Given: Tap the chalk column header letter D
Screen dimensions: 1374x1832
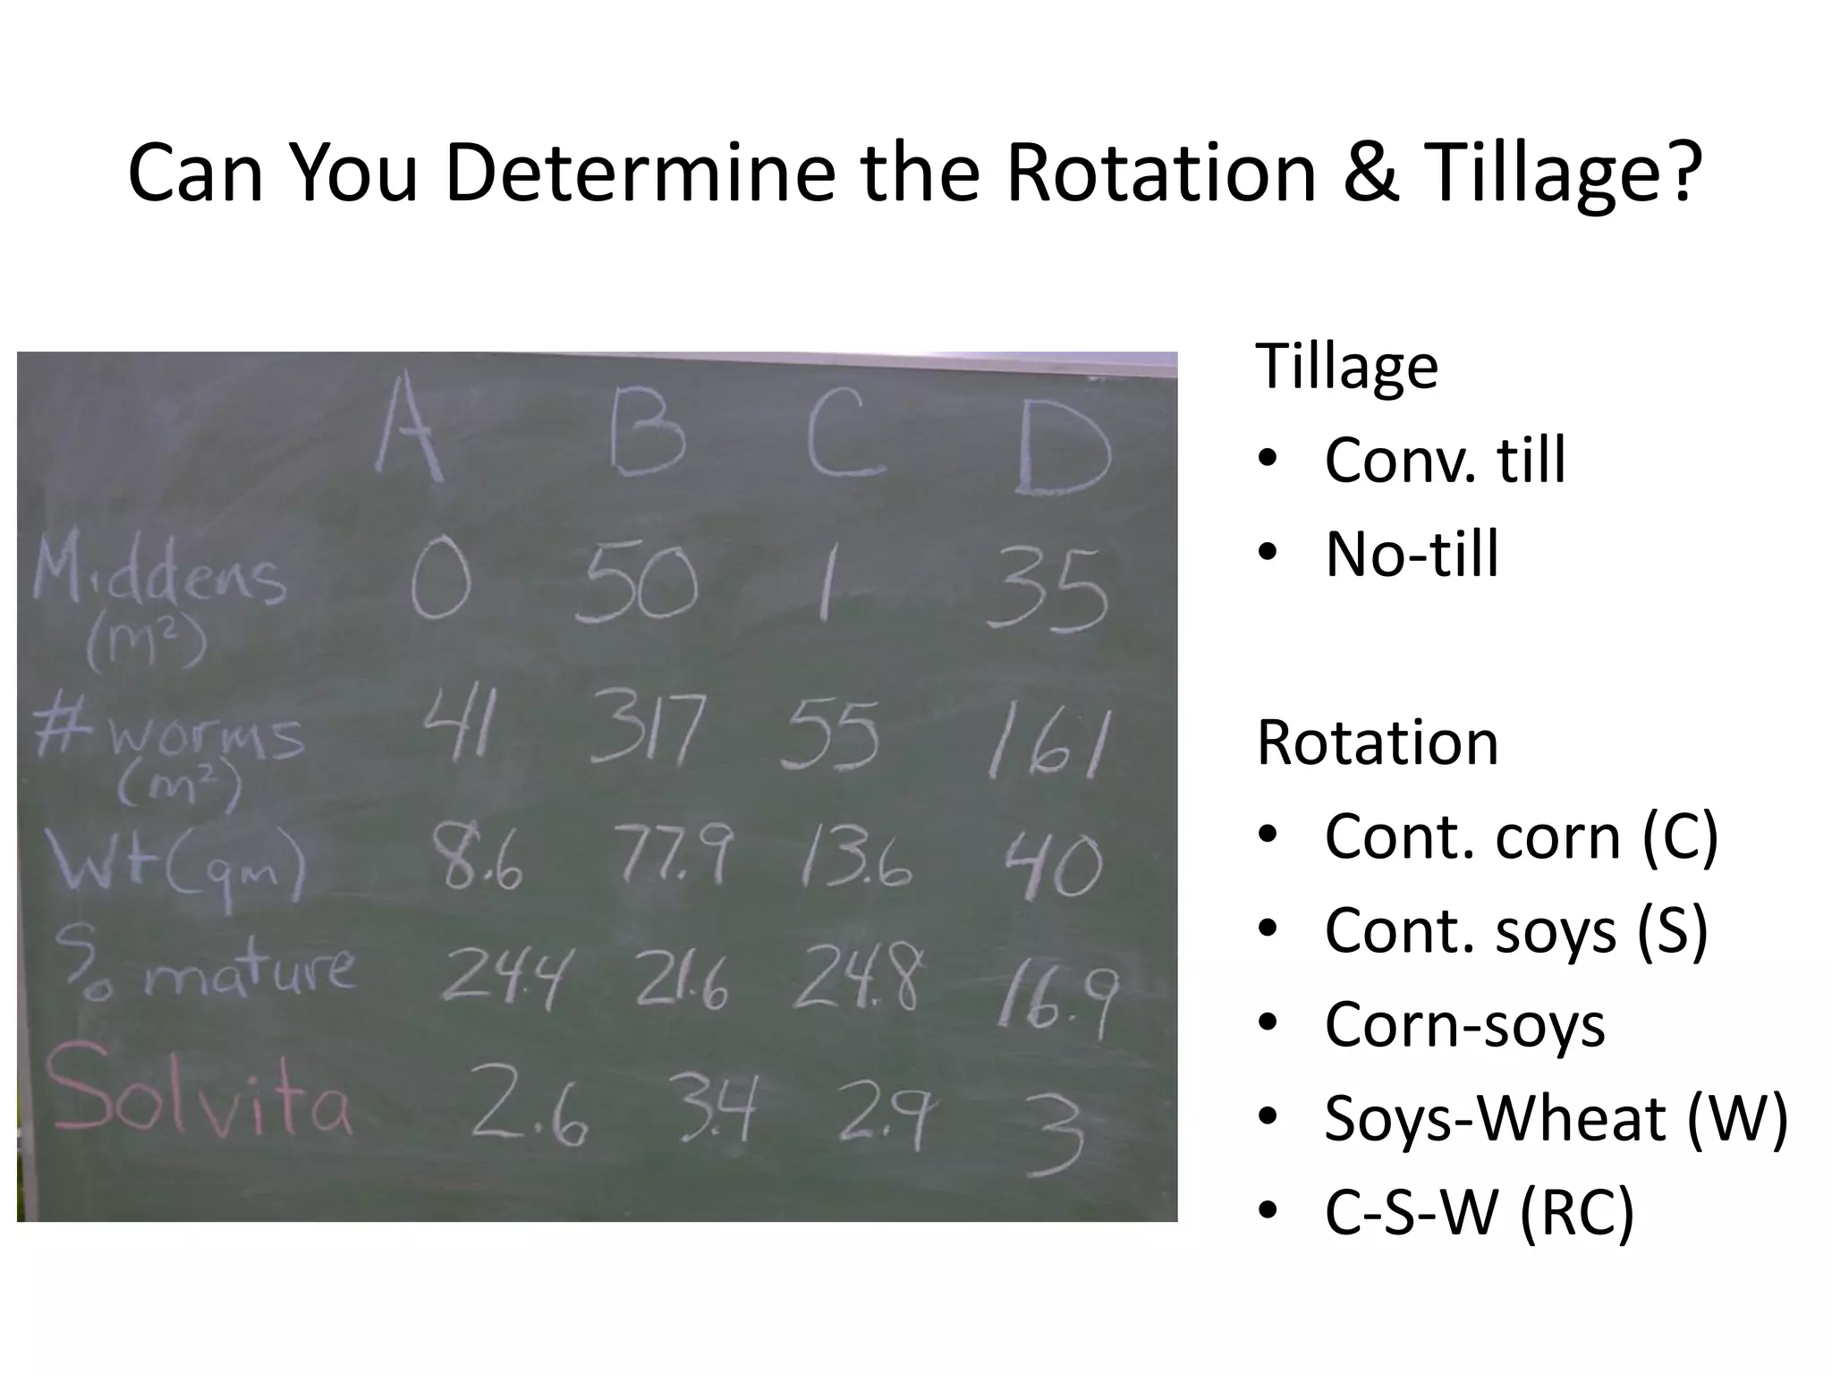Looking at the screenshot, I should point(1063,447).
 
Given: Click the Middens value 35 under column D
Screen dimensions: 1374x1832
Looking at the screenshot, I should point(1047,590).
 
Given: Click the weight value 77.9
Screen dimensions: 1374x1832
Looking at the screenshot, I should point(676,856).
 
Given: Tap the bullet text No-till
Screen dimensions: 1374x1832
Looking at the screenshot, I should point(1411,555).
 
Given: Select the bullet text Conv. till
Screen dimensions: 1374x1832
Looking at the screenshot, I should point(1445,460).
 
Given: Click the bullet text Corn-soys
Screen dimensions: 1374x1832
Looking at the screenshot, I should point(1464,1023).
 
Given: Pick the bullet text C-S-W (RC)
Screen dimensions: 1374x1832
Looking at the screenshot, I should point(1480,1212).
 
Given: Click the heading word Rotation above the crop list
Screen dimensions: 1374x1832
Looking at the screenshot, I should point(1378,742).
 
